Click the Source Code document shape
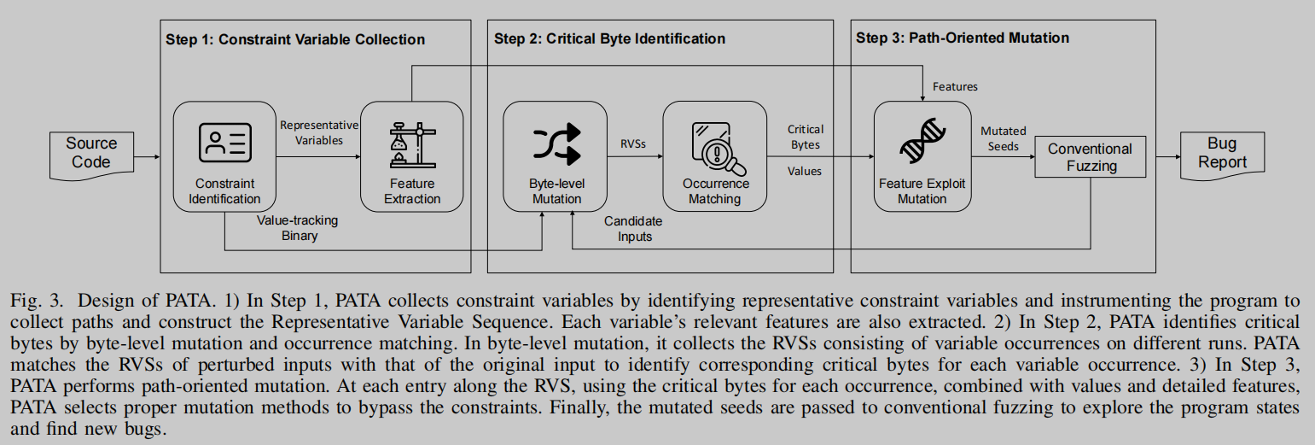tap(90, 154)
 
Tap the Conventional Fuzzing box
tap(1090, 157)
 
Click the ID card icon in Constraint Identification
tap(224, 143)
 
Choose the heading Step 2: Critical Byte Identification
tap(609, 39)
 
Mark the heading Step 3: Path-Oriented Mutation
tap(962, 38)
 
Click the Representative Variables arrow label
tap(319, 132)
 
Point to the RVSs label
tap(632, 144)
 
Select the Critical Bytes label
tap(806, 137)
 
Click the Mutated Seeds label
tap(1003, 138)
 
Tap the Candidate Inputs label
tap(633, 228)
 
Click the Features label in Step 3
tap(955, 86)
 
